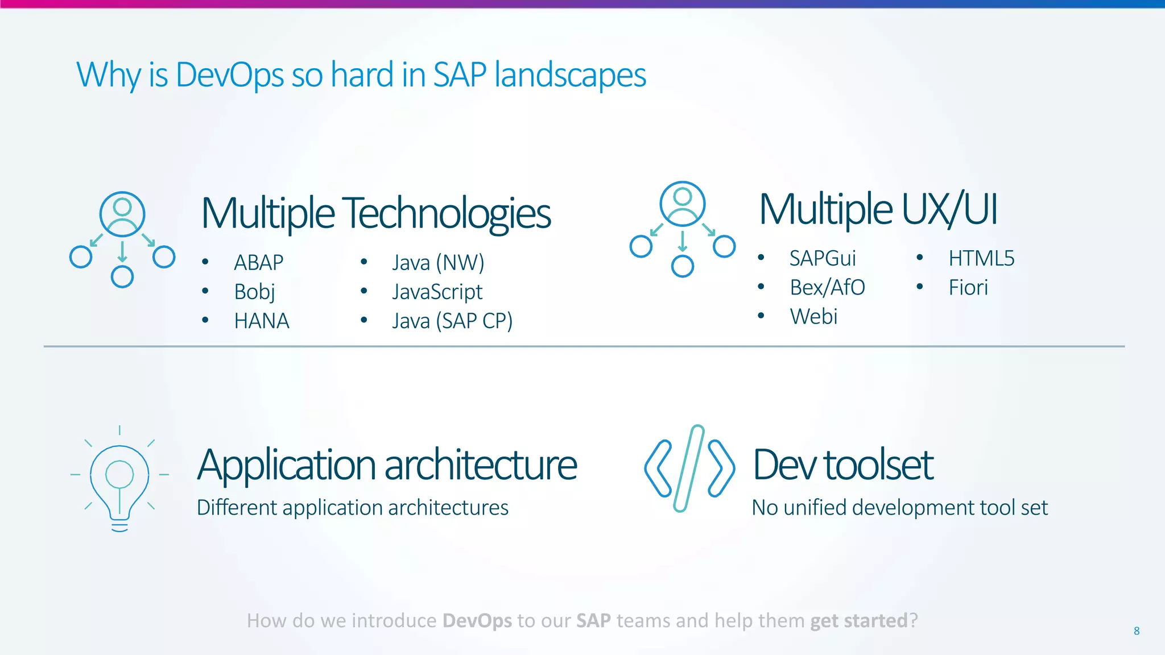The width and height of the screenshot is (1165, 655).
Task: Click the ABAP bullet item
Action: (259, 263)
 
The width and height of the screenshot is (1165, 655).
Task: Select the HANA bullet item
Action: (262, 321)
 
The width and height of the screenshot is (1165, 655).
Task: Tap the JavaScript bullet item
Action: (437, 292)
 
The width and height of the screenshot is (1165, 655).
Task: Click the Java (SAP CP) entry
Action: (452, 321)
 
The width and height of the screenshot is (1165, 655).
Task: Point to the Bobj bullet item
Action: (254, 292)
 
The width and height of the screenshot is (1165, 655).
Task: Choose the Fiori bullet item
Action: (968, 288)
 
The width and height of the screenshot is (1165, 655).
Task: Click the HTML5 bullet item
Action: (981, 259)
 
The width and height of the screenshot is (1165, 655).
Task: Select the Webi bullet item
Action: (813, 317)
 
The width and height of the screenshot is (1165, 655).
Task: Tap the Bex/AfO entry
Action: (827, 288)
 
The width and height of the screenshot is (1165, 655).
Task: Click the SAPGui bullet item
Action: (823, 259)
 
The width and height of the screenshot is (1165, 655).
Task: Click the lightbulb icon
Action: (119, 480)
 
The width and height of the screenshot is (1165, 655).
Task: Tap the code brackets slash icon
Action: (689, 469)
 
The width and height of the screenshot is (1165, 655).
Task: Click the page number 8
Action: (1137, 631)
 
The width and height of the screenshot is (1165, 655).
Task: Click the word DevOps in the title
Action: (229, 75)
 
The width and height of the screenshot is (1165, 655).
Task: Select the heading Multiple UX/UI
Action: (878, 209)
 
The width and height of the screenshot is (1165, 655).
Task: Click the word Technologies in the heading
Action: (448, 213)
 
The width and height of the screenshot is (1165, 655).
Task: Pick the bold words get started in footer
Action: (858, 620)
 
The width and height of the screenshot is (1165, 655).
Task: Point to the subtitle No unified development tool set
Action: (899, 507)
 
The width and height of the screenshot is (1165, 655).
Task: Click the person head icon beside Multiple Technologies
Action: (122, 213)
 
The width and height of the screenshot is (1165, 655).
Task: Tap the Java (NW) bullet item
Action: (438, 263)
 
